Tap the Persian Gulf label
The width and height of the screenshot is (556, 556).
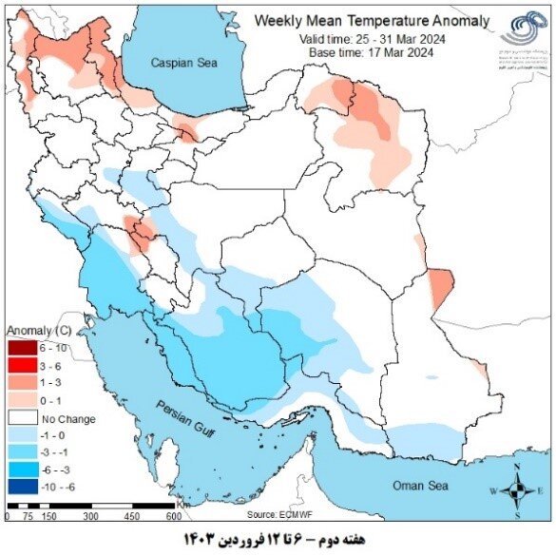(x=189, y=421)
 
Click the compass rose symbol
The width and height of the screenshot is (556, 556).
(x=517, y=490)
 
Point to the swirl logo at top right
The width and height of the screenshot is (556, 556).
(x=521, y=29)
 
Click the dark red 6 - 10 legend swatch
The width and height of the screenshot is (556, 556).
(x=22, y=348)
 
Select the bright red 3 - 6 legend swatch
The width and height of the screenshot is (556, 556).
(x=22, y=365)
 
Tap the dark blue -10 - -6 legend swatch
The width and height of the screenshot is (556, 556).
(x=22, y=486)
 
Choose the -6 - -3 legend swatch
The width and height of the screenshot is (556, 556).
(x=22, y=469)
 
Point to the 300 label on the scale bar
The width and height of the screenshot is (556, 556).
(x=91, y=516)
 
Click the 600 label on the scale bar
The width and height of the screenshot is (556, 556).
(x=173, y=516)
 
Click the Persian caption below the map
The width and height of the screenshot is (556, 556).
(x=278, y=541)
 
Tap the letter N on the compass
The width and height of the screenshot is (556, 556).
(x=517, y=469)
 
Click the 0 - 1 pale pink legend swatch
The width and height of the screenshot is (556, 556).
(x=22, y=399)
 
